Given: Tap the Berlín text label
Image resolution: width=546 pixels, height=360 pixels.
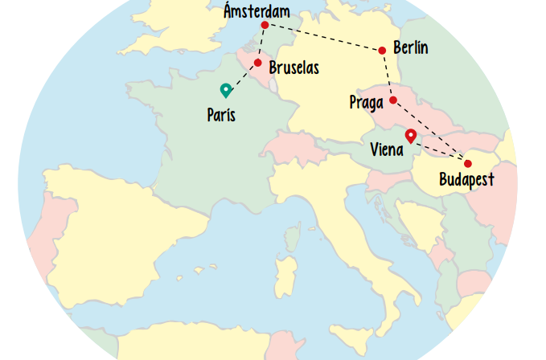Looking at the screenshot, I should click(x=410, y=48).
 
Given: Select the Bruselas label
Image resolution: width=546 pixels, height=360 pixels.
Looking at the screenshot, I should click(x=294, y=68).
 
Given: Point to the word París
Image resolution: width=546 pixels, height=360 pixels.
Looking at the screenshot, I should click(x=221, y=115).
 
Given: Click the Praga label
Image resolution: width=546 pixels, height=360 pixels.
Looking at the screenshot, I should click(x=366, y=102).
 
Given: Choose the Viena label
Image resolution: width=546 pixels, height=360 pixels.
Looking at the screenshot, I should click(x=387, y=149).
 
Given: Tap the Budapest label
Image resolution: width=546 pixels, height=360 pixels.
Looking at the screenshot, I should click(x=466, y=180).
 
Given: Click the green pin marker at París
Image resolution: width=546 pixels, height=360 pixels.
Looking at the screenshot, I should click(x=226, y=90).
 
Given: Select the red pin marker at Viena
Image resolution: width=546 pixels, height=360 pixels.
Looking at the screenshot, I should click(x=411, y=136).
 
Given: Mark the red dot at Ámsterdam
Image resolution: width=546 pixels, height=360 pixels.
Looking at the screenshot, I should click(x=265, y=26).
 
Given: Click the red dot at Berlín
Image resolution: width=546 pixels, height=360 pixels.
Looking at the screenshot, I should click(x=382, y=51).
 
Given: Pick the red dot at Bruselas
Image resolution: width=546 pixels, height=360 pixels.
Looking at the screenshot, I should click(x=258, y=63).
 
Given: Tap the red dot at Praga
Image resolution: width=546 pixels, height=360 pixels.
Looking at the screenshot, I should click(x=393, y=100).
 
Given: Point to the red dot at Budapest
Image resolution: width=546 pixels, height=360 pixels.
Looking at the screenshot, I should click(x=468, y=164).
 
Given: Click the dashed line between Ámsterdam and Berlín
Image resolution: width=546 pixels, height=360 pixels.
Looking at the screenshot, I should click(x=322, y=38).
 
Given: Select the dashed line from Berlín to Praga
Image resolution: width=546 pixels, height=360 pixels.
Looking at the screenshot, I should click(x=388, y=76).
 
